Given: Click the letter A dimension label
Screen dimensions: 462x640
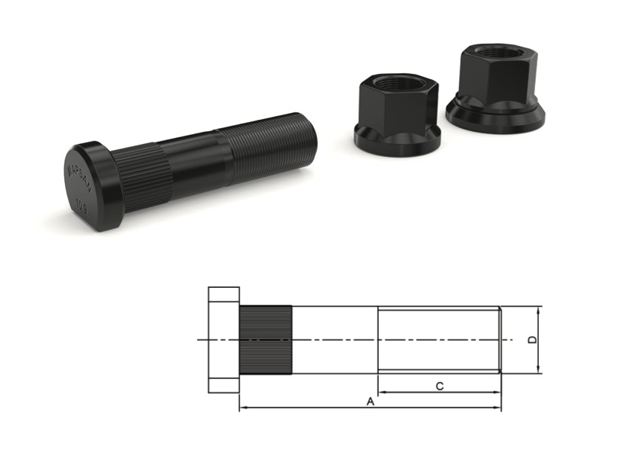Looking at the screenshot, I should [x=370, y=402].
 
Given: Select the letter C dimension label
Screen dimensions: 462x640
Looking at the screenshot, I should [x=440, y=386].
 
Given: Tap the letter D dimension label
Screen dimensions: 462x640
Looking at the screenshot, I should [x=531, y=340].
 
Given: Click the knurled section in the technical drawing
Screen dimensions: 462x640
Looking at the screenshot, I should [x=266, y=340].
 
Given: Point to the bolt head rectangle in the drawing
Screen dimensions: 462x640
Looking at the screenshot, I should [x=223, y=340].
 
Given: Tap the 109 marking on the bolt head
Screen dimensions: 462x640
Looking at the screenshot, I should [x=81, y=203].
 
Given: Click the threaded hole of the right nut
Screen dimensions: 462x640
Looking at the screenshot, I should [x=495, y=52].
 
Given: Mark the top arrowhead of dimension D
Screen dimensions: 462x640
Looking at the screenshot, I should [x=539, y=310].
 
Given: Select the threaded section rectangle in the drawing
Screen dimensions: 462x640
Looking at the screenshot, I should [x=438, y=339].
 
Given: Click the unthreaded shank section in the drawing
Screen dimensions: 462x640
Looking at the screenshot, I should [x=334, y=339].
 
